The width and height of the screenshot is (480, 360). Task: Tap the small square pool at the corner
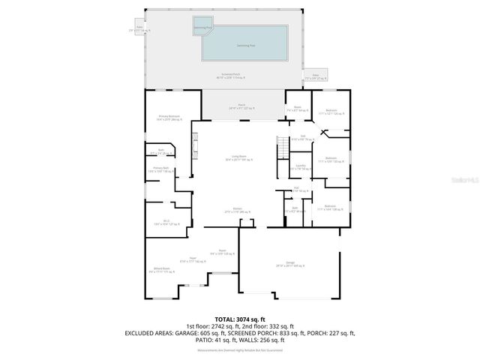pos(202,27)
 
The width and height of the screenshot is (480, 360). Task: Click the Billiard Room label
pos(161,271)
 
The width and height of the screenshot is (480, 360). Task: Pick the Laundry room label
pos(299,166)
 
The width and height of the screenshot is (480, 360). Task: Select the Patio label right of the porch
pos(315,76)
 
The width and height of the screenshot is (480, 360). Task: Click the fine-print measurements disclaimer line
pos(239,349)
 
